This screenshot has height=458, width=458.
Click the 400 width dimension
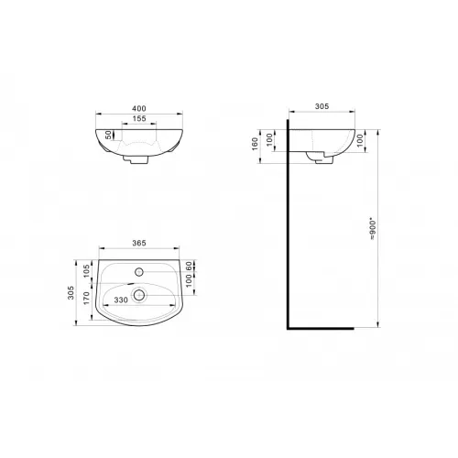click(x=139, y=108)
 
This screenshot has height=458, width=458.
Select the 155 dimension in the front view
click(x=139, y=118)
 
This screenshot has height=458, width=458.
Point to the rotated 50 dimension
click(x=109, y=135)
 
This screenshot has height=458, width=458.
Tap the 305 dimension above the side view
click(x=322, y=106)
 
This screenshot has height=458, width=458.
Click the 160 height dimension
click(x=256, y=144)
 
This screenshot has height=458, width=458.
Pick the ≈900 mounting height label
click(x=373, y=229)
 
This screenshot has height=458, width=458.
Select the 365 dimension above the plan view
click(x=139, y=243)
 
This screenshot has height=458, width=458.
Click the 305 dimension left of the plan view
click(x=71, y=292)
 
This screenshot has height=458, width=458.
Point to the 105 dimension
click(x=87, y=271)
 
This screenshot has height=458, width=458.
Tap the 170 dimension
click(x=87, y=298)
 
